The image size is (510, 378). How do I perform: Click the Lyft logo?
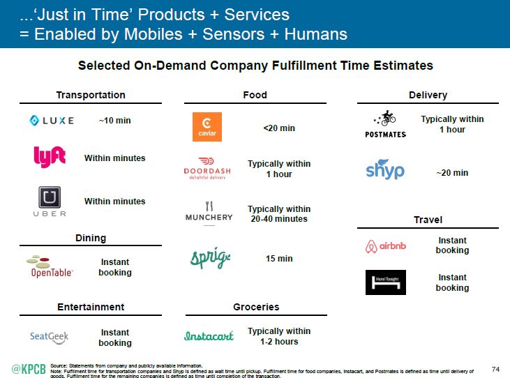click(50, 157)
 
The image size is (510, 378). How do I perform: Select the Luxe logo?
click(52, 121)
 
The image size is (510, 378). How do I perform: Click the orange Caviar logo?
click(207, 127)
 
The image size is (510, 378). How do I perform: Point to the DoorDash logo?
click(208, 168)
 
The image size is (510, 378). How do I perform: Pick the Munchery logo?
click(208, 212)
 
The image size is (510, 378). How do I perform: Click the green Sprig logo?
click(210, 258)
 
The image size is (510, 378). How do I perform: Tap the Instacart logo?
click(209, 335)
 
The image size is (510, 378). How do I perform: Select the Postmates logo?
click(385, 124)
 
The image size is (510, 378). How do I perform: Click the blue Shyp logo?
click(385, 169)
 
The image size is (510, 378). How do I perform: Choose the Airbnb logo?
click(386, 246)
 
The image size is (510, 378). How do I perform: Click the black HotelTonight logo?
click(386, 282)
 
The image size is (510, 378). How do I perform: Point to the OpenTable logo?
click(50, 266)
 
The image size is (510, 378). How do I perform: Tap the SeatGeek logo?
click(50, 337)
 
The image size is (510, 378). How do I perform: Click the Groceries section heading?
click(256, 307)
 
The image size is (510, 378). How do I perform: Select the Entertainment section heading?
click(91, 307)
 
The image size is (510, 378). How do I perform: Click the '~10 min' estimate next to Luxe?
click(114, 121)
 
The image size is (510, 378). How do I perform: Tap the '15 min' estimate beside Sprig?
click(279, 259)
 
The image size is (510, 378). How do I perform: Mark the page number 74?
click(496, 368)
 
